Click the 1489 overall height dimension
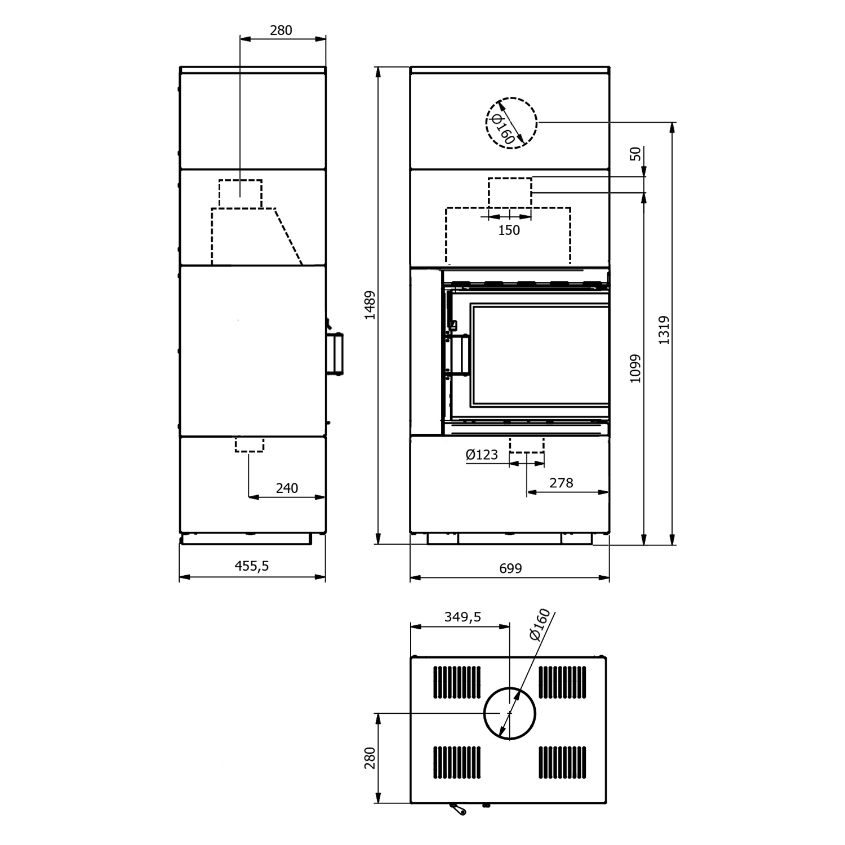pos(370,305)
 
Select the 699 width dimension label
pos(510,568)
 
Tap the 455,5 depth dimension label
pos(252,566)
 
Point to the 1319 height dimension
pos(664,330)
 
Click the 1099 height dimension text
pos(635,368)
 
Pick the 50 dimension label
pos(635,153)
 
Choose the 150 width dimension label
pos(509,230)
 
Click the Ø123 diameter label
pos(482,455)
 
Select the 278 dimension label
pos(562,483)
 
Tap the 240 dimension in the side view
pos(287,488)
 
